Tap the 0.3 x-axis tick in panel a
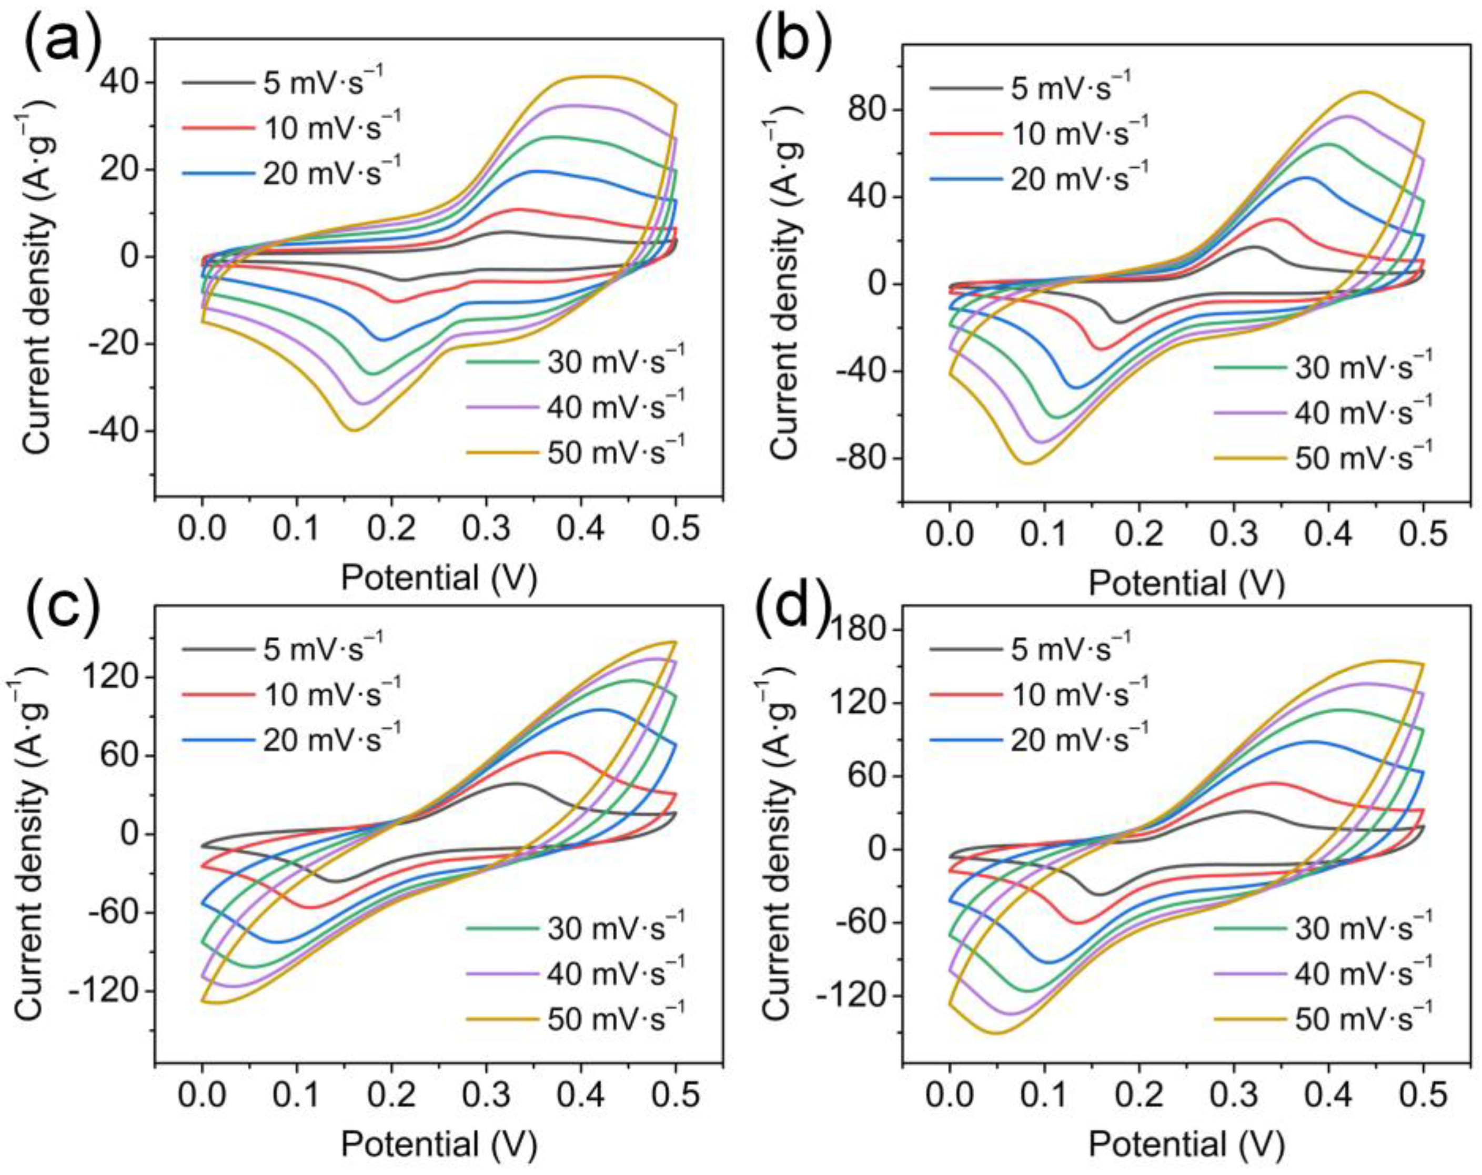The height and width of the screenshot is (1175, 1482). tap(485, 529)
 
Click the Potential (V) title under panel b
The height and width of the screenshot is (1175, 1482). tap(1186, 583)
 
